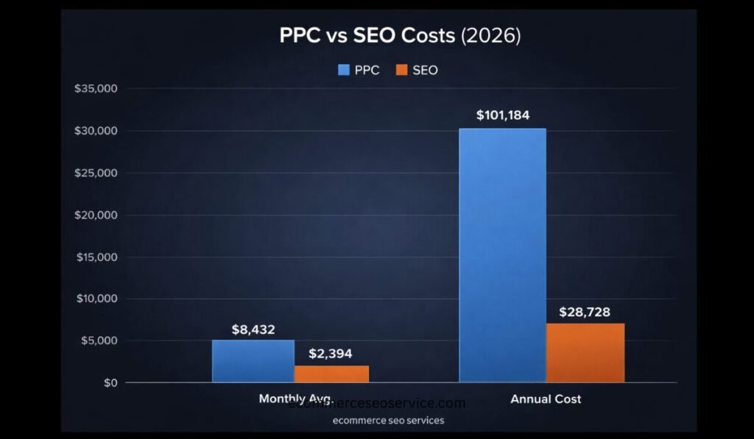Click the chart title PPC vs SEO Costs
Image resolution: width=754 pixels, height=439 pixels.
(x=367, y=36)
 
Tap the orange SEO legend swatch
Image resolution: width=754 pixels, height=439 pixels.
(x=401, y=71)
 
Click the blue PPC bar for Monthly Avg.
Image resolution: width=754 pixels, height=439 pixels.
(x=253, y=361)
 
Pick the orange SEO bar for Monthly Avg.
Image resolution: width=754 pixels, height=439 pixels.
(x=331, y=374)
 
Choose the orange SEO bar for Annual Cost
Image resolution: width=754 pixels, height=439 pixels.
(x=585, y=353)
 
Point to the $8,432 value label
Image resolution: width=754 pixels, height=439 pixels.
(x=253, y=329)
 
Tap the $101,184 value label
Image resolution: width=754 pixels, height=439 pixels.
(x=503, y=115)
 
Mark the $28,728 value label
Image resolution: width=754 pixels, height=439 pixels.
(x=585, y=312)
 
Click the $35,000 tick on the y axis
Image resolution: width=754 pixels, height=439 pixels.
(x=96, y=89)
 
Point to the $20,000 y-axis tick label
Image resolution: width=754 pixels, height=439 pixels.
(x=96, y=215)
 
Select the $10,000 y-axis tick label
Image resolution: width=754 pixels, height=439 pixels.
(x=96, y=299)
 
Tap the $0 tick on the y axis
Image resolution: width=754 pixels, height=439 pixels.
(x=111, y=383)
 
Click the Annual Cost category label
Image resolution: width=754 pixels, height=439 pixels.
(x=546, y=399)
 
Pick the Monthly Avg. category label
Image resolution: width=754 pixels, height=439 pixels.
(x=295, y=398)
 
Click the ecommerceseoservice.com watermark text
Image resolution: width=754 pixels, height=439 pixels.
(x=377, y=404)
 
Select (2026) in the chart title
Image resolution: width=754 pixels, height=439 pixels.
(x=490, y=36)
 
